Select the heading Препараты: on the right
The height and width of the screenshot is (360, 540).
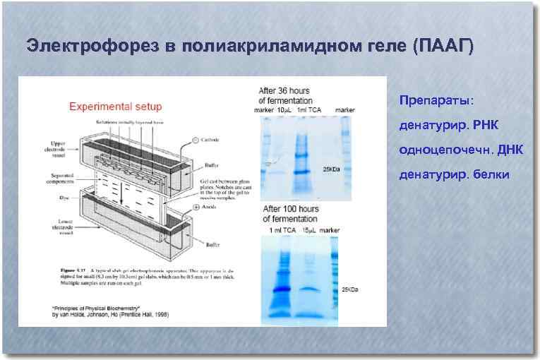pyautogui.click(x=431, y=100)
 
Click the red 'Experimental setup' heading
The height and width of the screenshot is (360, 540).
pyautogui.click(x=115, y=107)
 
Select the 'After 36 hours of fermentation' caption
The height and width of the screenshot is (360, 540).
pyautogui.click(x=284, y=95)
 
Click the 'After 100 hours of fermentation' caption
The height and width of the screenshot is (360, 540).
pyautogui.click(x=291, y=214)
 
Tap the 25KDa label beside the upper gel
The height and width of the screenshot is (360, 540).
pyautogui.click(x=331, y=169)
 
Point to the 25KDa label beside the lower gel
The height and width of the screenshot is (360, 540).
pyautogui.click(x=350, y=289)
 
